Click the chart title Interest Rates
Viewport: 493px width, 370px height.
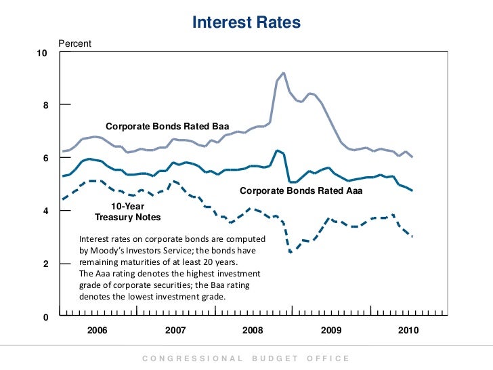246,22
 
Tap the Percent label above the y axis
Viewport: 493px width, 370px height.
74,43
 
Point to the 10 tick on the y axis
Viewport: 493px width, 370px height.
42,53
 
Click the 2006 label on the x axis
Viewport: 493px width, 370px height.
98,330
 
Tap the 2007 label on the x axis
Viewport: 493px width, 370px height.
175,330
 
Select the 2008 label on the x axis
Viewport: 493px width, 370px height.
253,330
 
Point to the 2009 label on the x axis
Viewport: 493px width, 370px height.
330,330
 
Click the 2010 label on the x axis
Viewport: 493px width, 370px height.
408,330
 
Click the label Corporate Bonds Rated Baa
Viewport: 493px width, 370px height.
168,127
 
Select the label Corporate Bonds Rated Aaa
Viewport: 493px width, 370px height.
301,191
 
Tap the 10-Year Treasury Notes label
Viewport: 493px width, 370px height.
128,211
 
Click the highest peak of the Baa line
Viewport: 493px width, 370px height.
283,73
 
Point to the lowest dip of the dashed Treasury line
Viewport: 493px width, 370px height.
291,252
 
